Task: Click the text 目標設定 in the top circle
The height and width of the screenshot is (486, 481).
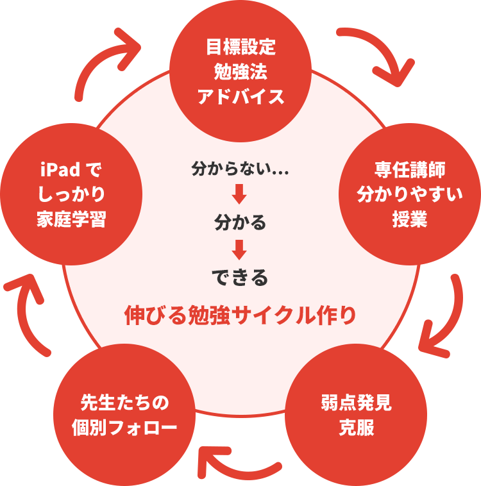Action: pos(240,47)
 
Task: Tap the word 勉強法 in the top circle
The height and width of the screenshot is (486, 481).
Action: pos(240,72)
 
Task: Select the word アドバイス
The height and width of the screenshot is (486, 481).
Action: pos(240,97)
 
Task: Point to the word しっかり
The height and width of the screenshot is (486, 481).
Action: pos(71,194)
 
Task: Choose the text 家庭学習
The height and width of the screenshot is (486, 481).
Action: pos(71,219)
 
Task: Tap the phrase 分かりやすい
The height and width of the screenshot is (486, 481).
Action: pos(410,194)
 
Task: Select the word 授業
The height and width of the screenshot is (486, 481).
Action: pos(410,219)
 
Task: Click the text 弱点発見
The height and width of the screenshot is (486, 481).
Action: pos(357,403)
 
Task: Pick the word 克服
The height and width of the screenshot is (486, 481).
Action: pos(357,428)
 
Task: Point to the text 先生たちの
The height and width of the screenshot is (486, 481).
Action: pos(124,403)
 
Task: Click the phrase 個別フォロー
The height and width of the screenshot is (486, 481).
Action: pos(124,428)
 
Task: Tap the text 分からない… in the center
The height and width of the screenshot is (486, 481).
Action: pos(240,169)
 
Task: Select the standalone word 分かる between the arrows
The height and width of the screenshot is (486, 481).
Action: pos(240,222)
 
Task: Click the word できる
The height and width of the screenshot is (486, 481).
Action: pos(240,277)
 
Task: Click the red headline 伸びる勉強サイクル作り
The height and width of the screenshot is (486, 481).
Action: pos(240,315)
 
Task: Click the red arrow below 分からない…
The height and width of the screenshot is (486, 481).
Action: pos(240,194)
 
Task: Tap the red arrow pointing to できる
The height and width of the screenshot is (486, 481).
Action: pos(240,249)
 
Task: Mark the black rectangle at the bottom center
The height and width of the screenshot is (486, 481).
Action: pos(240,432)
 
